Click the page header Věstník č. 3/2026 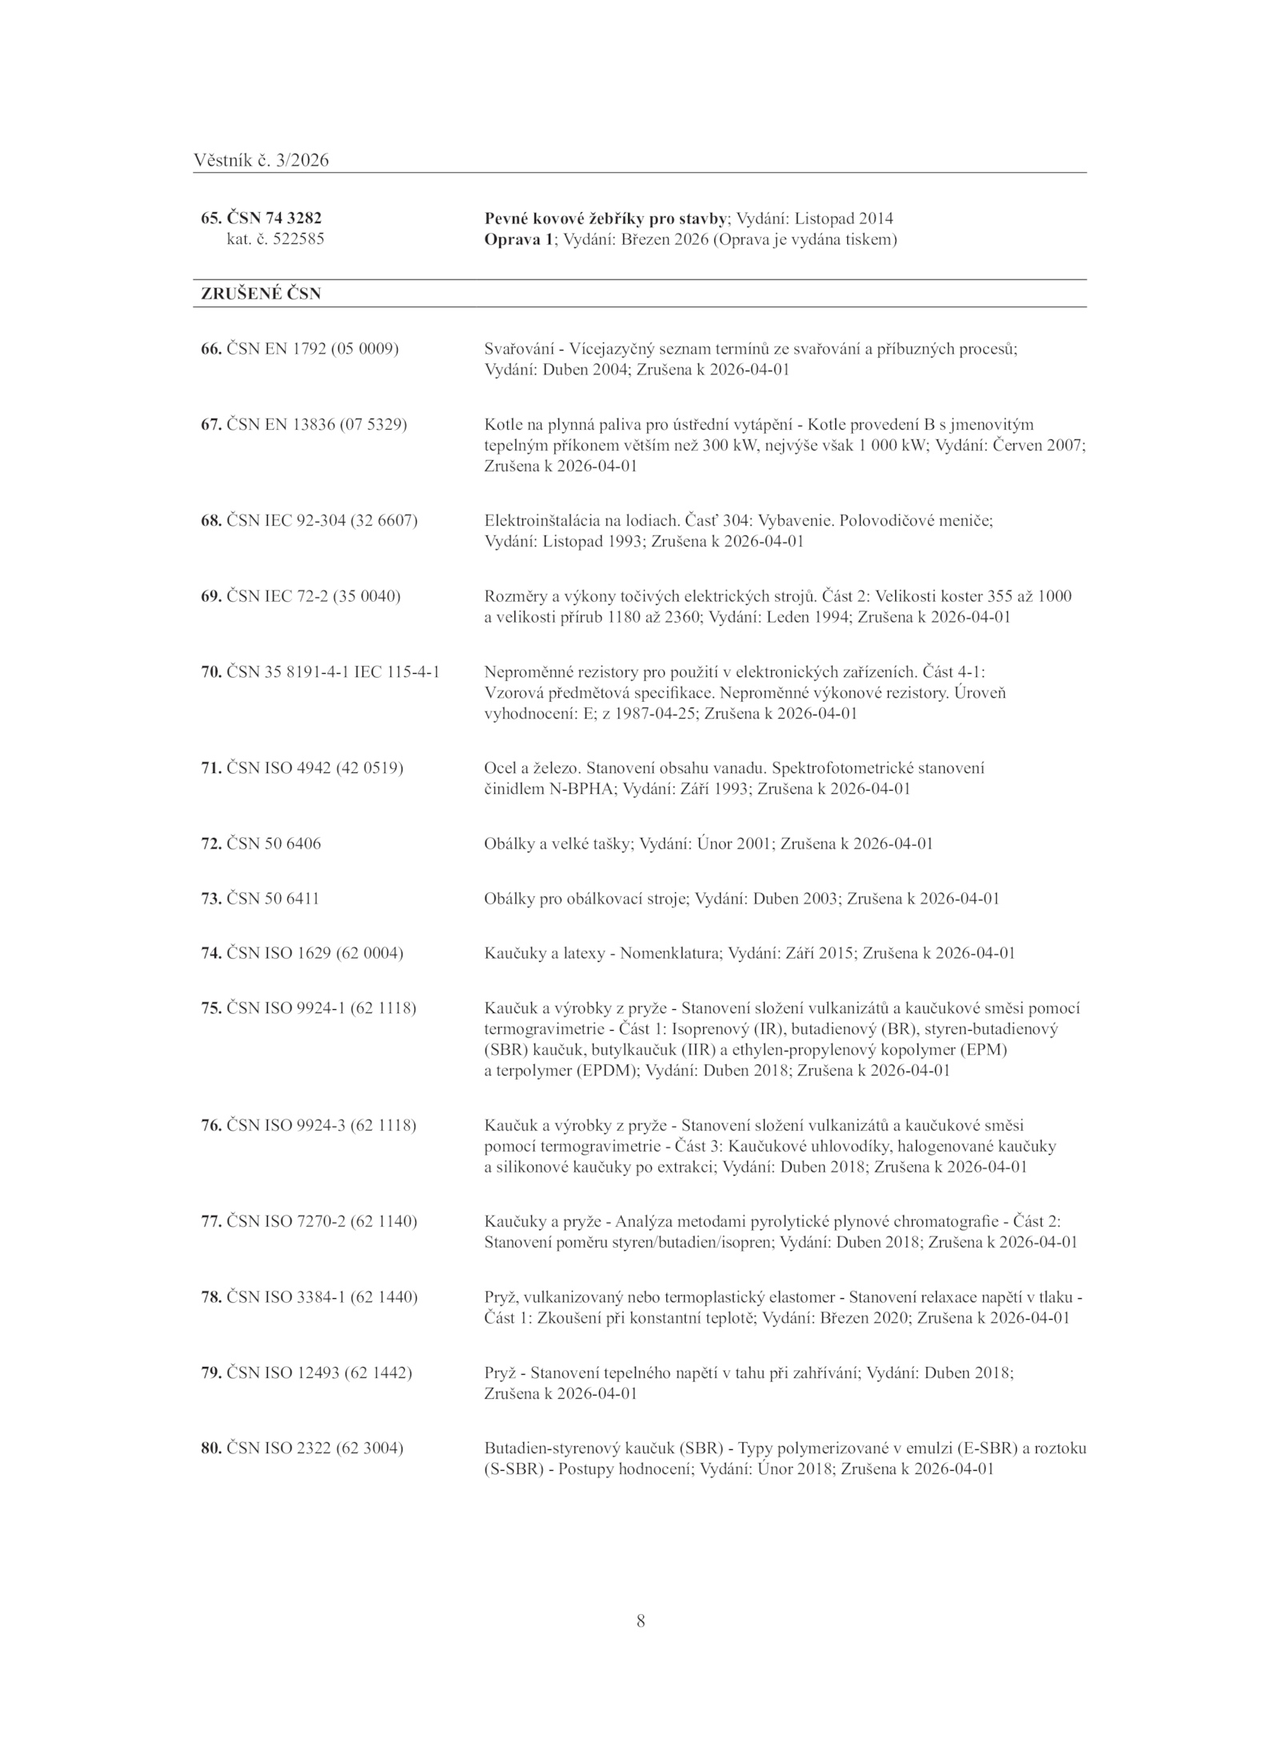coord(261,161)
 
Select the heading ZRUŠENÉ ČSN coord(261,294)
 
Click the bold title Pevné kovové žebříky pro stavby coord(606,218)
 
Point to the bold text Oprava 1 coord(518,239)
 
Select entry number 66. coord(210,349)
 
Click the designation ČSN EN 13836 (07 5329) coord(316,424)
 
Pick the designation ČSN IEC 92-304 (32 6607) coord(322,520)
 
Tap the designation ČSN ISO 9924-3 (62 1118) coord(321,1125)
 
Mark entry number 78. coord(210,1296)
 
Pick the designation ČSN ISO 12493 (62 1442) coord(318,1372)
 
